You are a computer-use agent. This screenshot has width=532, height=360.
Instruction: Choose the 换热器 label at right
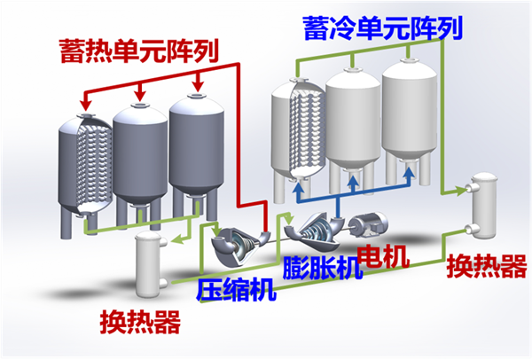(x=480, y=263)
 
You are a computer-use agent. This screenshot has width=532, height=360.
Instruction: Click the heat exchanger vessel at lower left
(x=148, y=260)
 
